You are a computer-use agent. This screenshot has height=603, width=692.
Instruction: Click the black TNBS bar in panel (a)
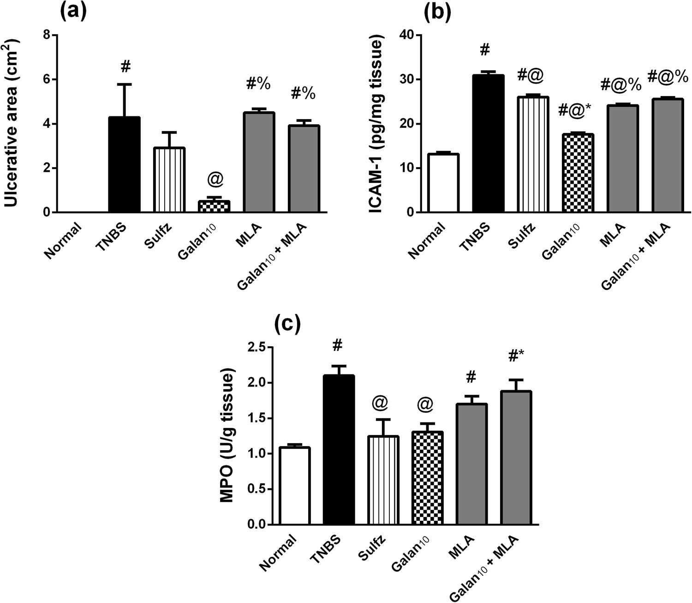click(x=124, y=165)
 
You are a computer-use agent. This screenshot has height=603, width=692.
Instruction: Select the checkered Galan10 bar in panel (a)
click(x=215, y=206)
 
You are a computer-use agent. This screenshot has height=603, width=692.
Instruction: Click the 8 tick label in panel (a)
click(x=46, y=35)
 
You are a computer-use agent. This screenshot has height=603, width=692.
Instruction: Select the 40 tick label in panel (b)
click(x=406, y=35)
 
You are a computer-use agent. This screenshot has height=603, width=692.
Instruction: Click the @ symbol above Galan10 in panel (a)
click(x=215, y=181)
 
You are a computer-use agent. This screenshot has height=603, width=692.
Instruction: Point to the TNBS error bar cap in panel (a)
click(x=124, y=84)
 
